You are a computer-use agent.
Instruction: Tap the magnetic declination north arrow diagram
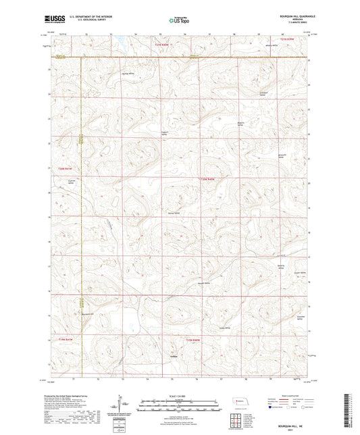(125, 406)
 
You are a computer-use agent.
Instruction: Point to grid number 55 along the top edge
(161, 32)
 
